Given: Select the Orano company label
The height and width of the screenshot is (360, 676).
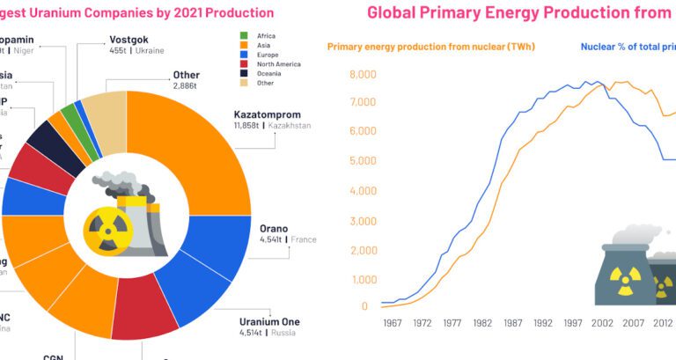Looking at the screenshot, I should [x=273, y=229].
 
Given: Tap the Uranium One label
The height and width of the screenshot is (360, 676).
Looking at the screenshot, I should [x=268, y=321].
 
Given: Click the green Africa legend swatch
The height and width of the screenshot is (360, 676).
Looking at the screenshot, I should [x=243, y=34].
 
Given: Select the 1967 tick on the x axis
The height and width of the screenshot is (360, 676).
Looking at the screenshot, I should [x=393, y=323].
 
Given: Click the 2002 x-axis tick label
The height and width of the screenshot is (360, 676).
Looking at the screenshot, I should [x=602, y=323].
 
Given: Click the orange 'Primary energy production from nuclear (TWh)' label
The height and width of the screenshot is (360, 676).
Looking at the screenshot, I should [x=431, y=47].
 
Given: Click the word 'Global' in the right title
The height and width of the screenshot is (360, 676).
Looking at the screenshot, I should [x=393, y=13].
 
